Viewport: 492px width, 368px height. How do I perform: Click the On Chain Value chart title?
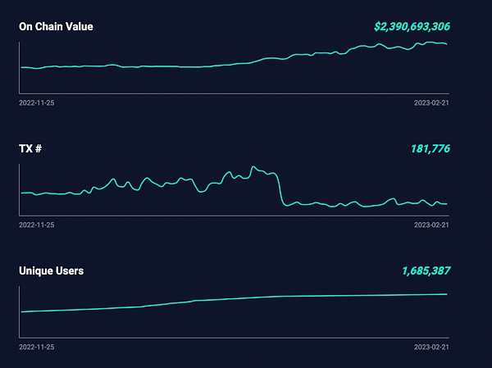(56, 26)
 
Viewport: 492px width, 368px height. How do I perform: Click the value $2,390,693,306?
(412, 26)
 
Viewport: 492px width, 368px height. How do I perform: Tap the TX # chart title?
(30, 148)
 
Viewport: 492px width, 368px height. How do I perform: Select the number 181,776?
(430, 148)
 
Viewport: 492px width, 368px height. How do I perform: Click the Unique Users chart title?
(51, 270)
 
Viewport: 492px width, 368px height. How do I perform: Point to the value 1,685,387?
(426, 270)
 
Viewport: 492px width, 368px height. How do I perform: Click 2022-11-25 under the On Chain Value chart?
(36, 102)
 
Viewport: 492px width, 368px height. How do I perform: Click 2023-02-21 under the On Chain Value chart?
(432, 102)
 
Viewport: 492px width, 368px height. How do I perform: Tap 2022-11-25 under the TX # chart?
(36, 224)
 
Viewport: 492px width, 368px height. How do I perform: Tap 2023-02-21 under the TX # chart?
(432, 224)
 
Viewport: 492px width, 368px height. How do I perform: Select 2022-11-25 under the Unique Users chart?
(36, 346)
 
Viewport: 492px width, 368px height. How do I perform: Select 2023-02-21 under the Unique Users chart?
(432, 346)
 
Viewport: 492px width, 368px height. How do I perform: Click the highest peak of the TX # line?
(253, 166)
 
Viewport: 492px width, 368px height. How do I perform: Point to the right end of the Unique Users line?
(447, 293)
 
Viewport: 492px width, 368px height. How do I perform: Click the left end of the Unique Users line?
(20, 311)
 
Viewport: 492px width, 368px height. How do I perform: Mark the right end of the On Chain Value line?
(447, 44)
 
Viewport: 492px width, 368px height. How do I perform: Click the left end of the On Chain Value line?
(20, 67)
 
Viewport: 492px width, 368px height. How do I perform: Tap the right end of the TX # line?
(447, 203)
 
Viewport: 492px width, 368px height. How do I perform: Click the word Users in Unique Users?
(68, 270)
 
